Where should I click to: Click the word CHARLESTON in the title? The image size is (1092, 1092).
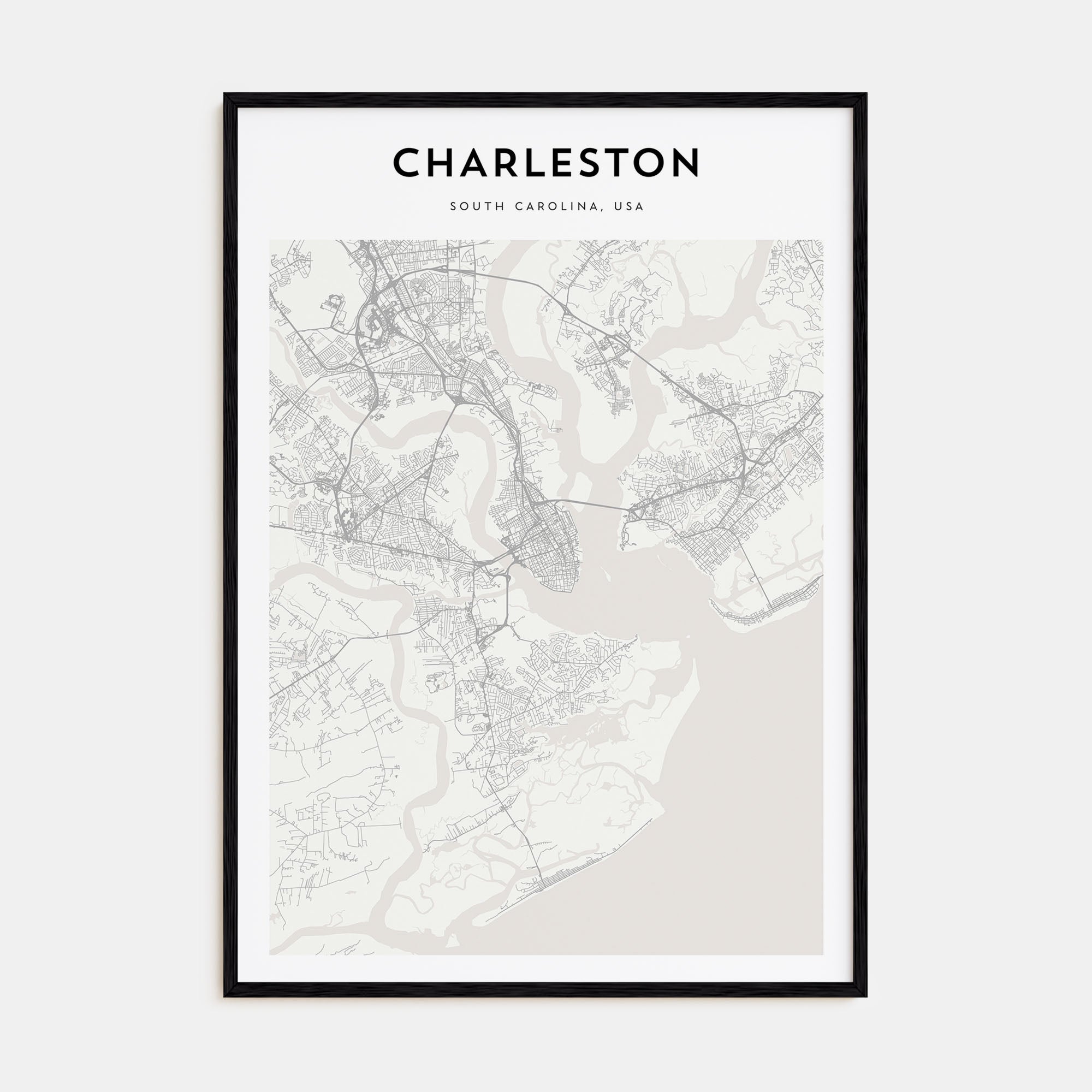pyautogui.click(x=546, y=163)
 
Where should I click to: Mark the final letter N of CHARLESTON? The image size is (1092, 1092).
pyautogui.click(x=685, y=163)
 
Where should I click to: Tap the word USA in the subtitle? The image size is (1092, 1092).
pyautogui.click(x=630, y=207)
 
